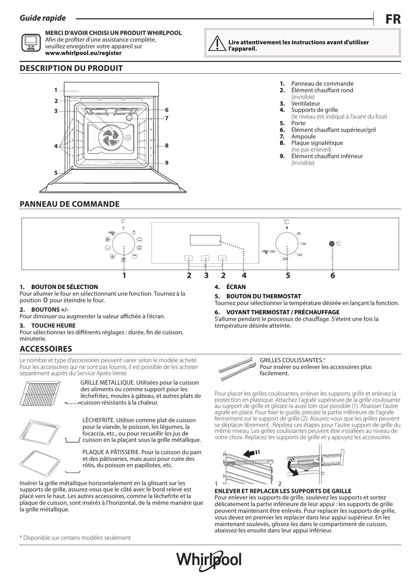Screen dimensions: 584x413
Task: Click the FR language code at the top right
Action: click(393, 19)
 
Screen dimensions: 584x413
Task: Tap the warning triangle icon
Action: click(216, 43)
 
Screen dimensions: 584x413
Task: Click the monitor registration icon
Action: click(31, 43)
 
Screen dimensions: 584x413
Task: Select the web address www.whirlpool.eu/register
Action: click(83, 53)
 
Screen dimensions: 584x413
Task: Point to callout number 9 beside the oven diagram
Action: click(167, 163)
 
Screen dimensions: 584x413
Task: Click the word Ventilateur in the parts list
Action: click(306, 104)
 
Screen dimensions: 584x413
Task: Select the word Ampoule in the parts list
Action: click(303, 137)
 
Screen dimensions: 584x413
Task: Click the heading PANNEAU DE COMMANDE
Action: click(70, 204)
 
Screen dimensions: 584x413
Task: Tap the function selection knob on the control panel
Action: click(123, 244)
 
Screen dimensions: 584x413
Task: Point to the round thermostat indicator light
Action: click(331, 243)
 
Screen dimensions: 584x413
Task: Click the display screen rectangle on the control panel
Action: click(205, 240)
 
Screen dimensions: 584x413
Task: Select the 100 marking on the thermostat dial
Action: click(303, 244)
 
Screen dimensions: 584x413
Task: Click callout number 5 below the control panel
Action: click(288, 275)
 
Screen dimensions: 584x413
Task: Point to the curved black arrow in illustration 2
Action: click(293, 467)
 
